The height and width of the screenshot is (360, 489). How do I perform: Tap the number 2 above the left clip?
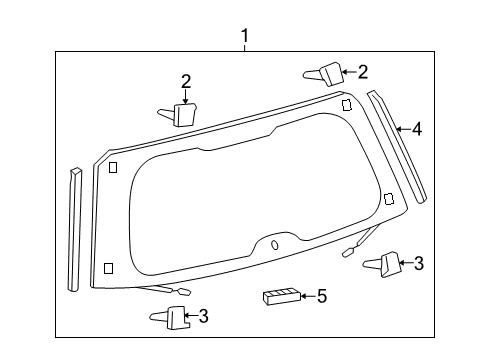pyautogui.click(x=186, y=81)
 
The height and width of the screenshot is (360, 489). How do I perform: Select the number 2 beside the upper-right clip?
pyautogui.click(x=362, y=71)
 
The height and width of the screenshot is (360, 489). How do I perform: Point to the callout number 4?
pyautogui.click(x=416, y=128)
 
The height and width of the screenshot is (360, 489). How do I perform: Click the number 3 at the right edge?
pyautogui.click(x=418, y=264)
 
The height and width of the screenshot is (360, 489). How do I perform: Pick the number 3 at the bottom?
pyautogui.click(x=203, y=317)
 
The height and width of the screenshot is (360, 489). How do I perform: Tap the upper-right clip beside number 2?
pyautogui.click(x=322, y=73)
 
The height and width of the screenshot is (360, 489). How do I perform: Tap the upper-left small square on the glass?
pyautogui.click(x=113, y=167)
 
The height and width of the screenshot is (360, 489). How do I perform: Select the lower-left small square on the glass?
pyautogui.click(x=108, y=268)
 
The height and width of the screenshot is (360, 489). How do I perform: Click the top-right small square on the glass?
pyautogui.click(x=346, y=105)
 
